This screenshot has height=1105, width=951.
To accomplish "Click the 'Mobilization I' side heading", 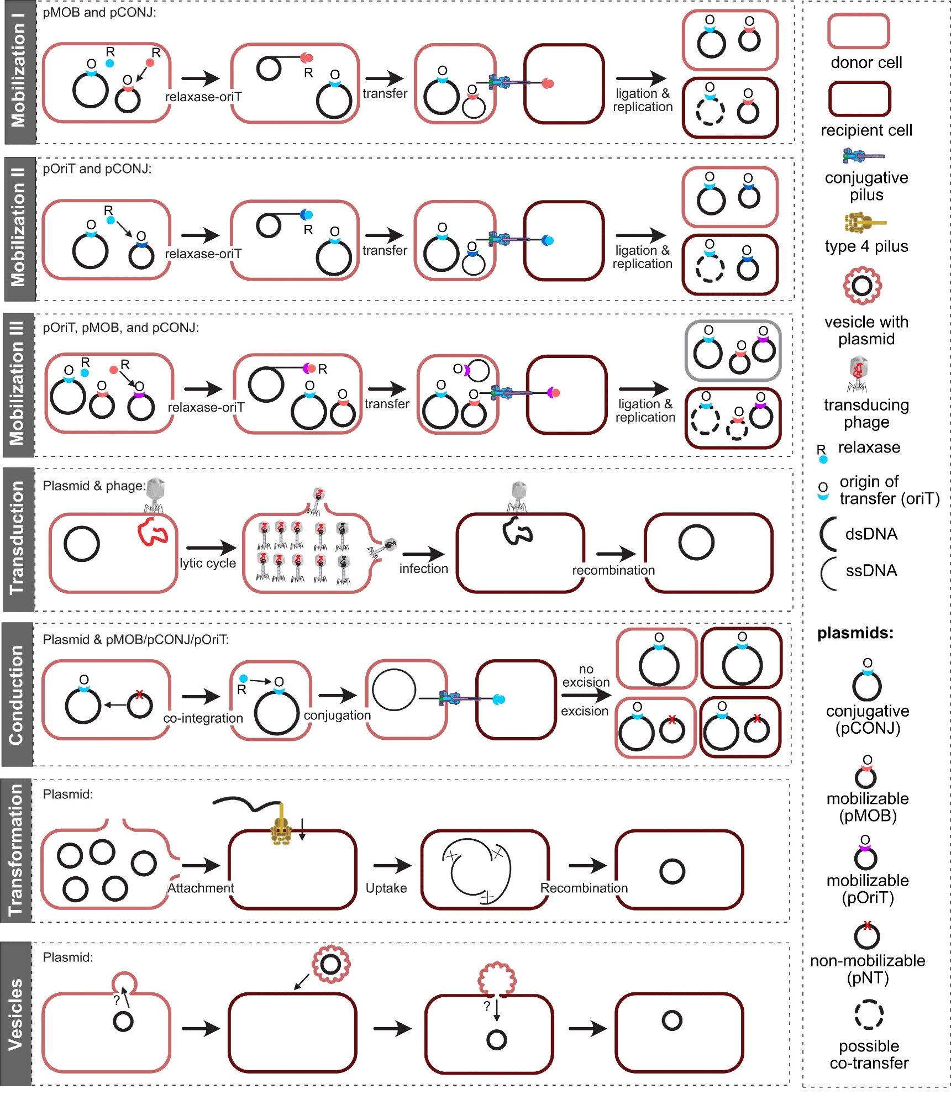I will [x=18, y=72].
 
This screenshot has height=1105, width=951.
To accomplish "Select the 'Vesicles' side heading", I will [x=16, y=1014].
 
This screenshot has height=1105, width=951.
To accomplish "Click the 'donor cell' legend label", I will [x=866, y=62].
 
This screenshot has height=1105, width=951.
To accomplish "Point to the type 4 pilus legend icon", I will [x=864, y=222].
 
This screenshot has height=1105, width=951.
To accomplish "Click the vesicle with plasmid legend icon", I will [x=862, y=286].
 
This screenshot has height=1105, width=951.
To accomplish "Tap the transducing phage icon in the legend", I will [x=858, y=373].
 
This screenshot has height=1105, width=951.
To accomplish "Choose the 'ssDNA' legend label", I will [x=871, y=570].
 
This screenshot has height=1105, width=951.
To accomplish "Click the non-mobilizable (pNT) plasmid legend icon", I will [x=866, y=935].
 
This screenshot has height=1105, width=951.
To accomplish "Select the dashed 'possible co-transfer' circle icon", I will [x=869, y=1014].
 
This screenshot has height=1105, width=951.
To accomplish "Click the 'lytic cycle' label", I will [x=208, y=563].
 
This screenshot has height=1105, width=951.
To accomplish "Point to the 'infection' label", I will [x=423, y=569].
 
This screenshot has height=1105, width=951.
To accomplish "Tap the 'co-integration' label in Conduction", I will [x=203, y=718].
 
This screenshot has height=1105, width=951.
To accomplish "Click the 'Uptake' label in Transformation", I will [x=386, y=888].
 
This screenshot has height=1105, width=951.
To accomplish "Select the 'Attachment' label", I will [x=201, y=888].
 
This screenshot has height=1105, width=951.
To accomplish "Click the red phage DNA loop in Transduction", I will [x=153, y=532].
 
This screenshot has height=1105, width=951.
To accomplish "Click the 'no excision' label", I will [x=586, y=676].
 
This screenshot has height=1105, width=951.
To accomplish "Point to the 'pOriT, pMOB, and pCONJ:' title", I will [x=120, y=328].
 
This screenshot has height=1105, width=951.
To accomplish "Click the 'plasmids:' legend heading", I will [x=855, y=633].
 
